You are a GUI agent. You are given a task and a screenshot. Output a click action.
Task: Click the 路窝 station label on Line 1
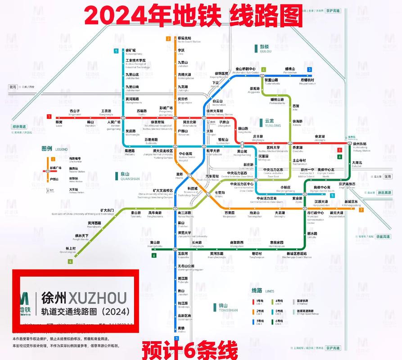point(59,122)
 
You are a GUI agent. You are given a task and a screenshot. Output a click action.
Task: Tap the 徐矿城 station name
point(131,50)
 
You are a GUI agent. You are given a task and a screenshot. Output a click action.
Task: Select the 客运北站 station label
point(185,38)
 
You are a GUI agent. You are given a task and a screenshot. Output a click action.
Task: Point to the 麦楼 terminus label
point(181,328)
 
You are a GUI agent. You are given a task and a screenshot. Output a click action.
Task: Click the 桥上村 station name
point(71,248)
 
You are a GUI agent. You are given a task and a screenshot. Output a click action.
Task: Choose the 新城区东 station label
point(351,201)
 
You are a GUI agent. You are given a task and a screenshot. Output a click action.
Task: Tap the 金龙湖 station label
point(320,136)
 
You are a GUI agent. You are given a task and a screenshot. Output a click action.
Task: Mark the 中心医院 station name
point(185,154)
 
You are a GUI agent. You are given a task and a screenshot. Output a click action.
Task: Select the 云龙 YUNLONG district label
point(270,123)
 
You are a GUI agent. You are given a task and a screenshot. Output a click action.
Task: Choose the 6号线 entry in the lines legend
point(279,321)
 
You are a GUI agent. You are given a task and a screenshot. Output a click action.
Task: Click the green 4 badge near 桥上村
point(70,261)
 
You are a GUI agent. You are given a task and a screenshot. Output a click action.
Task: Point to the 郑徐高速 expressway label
point(19,127)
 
